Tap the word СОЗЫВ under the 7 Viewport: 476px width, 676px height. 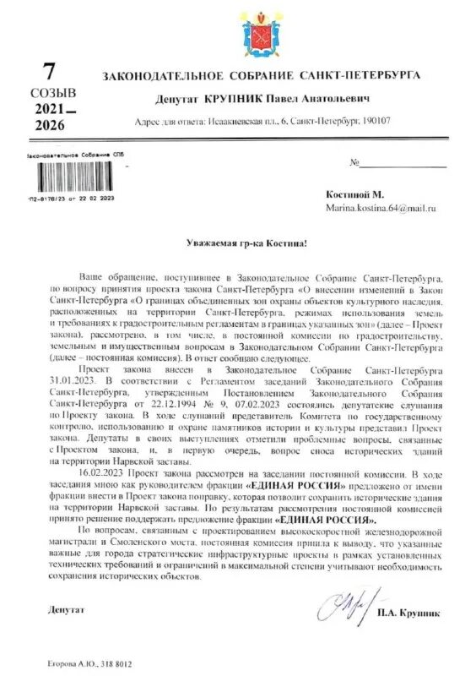(x=53, y=92)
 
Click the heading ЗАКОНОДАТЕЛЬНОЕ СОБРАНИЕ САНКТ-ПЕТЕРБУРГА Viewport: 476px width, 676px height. (x=261, y=76)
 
